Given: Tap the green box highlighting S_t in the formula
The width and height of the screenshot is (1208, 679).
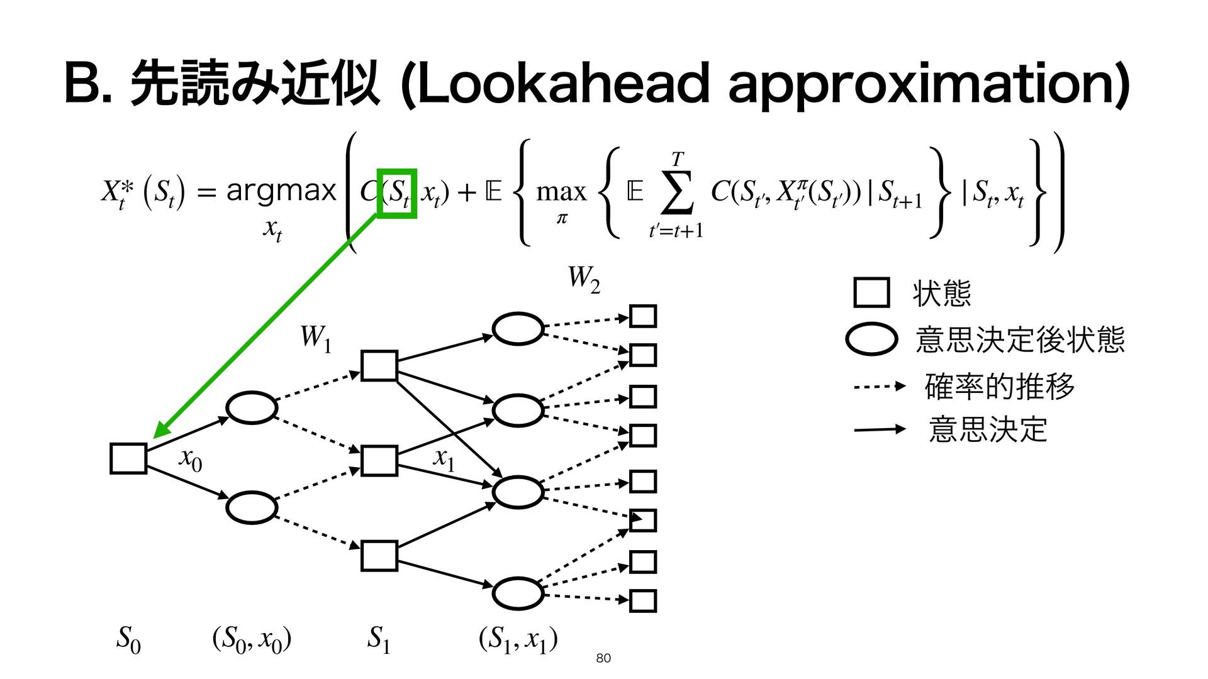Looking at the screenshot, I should click(396, 193).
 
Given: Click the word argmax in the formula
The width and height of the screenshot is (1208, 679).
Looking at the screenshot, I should click(281, 190).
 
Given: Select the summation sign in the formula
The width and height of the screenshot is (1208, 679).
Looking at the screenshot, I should click(677, 191).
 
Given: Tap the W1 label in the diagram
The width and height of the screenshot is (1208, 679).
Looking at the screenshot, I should click(315, 338).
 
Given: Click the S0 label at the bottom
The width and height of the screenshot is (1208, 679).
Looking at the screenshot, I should click(128, 639).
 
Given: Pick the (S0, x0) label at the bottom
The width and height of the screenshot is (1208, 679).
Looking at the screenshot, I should click(252, 639).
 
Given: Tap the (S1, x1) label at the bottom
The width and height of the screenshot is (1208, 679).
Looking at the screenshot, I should click(518, 639).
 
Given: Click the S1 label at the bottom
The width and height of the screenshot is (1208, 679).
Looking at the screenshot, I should click(379, 639).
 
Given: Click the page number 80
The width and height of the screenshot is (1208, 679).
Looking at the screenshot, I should click(603, 658).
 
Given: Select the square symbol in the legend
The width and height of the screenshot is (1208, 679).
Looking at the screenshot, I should click(871, 292).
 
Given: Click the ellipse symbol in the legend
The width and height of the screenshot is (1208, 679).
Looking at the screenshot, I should click(871, 339).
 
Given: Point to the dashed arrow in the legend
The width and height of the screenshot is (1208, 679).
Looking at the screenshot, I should click(879, 386).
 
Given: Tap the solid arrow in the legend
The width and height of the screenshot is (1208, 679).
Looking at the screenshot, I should click(879, 430).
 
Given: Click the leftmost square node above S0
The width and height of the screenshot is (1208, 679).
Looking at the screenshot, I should click(128, 458).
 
